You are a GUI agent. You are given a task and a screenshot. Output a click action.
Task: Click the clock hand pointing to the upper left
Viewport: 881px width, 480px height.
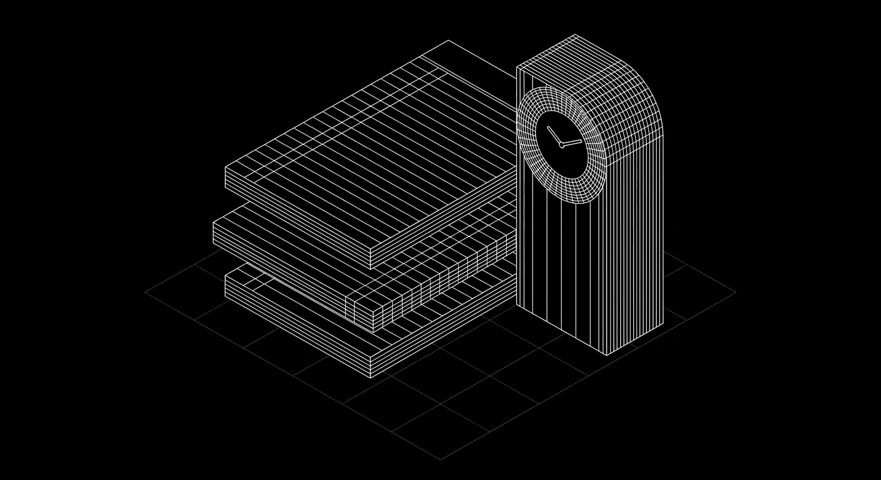[x=554, y=135]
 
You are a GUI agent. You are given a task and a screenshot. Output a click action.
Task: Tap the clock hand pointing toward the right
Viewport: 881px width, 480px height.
[x=573, y=142]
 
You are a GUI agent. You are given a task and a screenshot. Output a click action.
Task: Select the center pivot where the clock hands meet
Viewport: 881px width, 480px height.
[x=562, y=146]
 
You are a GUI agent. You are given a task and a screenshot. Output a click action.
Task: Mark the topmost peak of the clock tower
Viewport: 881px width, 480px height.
[x=575, y=34]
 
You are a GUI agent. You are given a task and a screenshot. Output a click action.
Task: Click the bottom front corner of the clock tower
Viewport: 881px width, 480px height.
[x=606, y=355]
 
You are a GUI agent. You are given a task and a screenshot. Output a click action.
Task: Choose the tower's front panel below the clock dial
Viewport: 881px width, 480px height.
[x=560, y=269]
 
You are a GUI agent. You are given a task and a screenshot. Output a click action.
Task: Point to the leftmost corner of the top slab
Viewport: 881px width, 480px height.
[x=225, y=167]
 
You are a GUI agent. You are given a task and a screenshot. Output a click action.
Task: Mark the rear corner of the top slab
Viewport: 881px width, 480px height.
[x=448, y=41]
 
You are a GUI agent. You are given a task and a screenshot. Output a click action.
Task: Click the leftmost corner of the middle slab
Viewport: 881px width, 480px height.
[x=213, y=222]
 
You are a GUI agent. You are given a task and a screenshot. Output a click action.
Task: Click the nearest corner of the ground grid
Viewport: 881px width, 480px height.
[x=440, y=459]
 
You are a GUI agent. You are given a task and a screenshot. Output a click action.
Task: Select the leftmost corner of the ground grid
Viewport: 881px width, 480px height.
[x=145, y=291]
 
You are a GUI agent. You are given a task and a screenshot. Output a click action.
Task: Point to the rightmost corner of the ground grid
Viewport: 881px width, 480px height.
[x=736, y=292]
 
